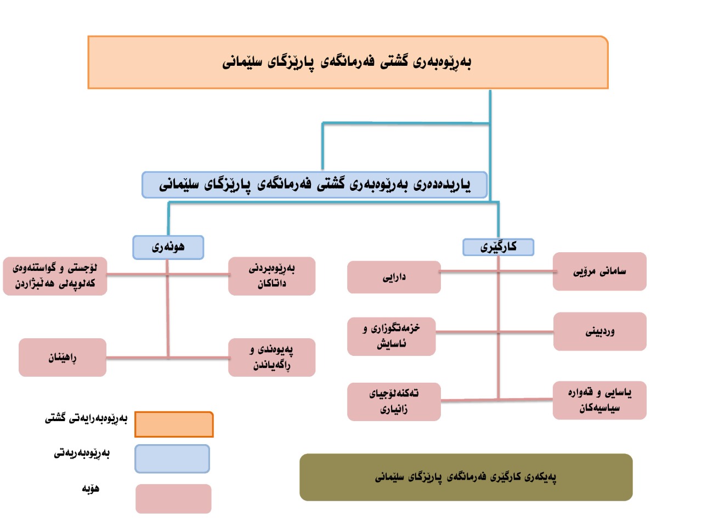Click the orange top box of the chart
coord(348,62)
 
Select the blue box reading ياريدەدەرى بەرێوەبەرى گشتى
coord(314,185)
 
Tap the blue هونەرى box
coord(168,247)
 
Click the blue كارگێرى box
coord(498,247)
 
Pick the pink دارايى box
coord(394,277)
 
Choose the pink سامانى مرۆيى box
coord(599,271)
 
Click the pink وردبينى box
coord(599,332)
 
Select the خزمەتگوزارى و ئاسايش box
coord(392,337)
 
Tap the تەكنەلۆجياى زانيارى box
coord(394,401)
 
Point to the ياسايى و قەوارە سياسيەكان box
coord(599,400)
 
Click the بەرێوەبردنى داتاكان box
coord(272,276)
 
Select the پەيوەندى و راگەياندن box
coord(272,357)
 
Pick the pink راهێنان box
coord(63,358)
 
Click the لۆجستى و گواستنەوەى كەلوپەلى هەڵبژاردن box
coord(55,276)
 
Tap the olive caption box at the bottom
coord(466,477)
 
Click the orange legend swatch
coord(174,424)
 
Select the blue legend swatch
coord(172,458)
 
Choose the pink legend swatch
coord(173,498)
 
